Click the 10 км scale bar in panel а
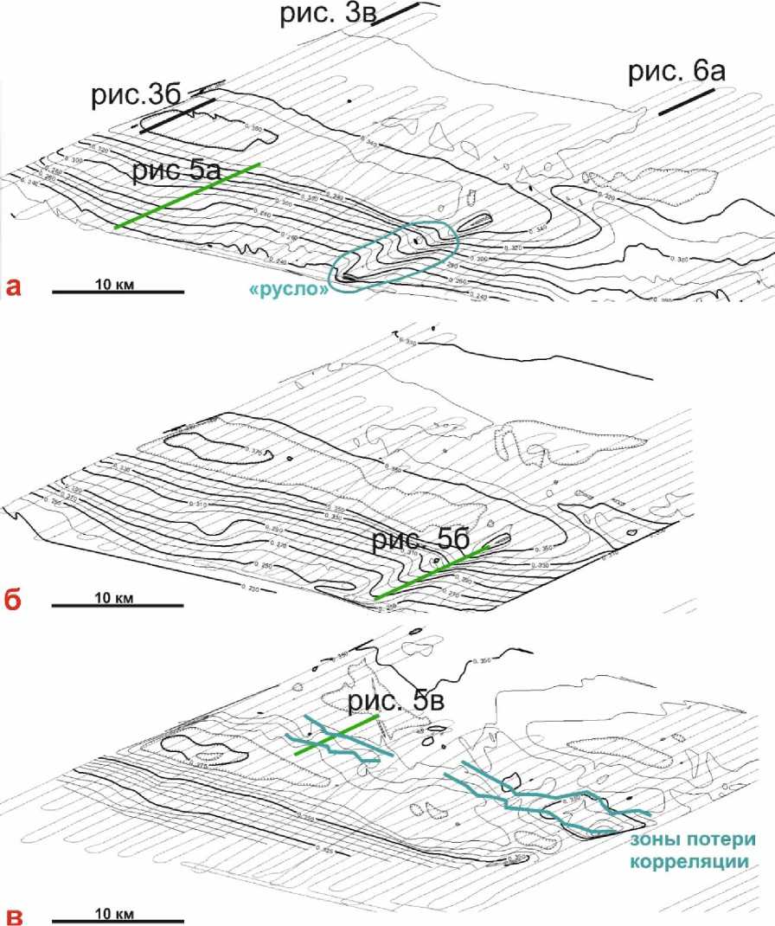pyautogui.click(x=118, y=293)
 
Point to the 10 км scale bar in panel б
pyautogui.click(x=118, y=605)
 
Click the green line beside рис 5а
pyautogui.click(x=187, y=196)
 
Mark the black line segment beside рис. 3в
pyautogui.click(x=395, y=15)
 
